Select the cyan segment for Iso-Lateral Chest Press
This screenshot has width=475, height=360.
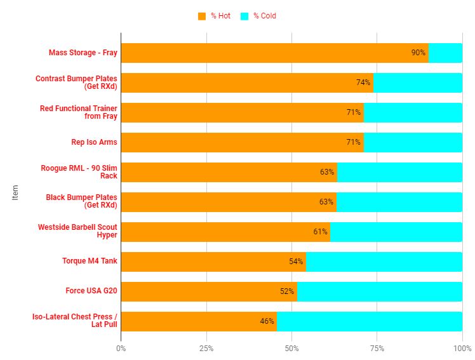(x=370, y=321)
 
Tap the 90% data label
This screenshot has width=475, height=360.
(x=418, y=53)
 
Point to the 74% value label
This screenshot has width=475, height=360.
(x=363, y=83)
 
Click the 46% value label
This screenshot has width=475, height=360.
(x=267, y=321)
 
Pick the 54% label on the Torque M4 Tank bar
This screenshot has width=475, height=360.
(x=296, y=262)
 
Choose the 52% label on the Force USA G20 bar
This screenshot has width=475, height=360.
(x=287, y=291)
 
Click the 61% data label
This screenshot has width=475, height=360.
(x=320, y=232)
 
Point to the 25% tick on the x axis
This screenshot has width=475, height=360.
(x=206, y=349)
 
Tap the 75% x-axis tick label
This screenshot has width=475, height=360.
(x=377, y=349)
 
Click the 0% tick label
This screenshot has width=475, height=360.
(x=121, y=349)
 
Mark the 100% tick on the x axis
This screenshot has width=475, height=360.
(x=462, y=349)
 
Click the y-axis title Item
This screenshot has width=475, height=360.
(x=16, y=192)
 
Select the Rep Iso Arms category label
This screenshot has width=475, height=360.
(x=94, y=142)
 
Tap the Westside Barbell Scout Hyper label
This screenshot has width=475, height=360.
(x=77, y=231)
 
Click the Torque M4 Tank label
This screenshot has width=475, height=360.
(x=90, y=261)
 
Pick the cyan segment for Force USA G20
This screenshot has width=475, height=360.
(x=380, y=291)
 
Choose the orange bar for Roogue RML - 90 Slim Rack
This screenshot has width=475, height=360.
(x=229, y=172)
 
